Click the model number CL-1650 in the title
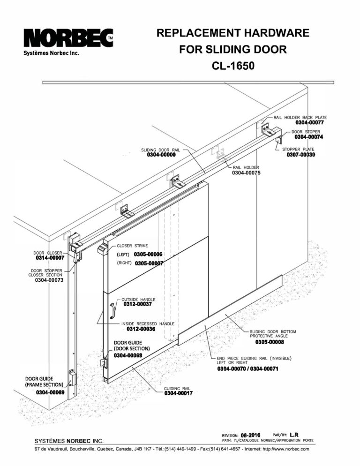click(x=233, y=66)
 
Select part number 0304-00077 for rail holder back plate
click(x=309, y=122)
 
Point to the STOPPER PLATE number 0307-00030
click(x=301, y=155)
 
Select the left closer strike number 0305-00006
click(x=148, y=254)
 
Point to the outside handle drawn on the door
click(x=112, y=311)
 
